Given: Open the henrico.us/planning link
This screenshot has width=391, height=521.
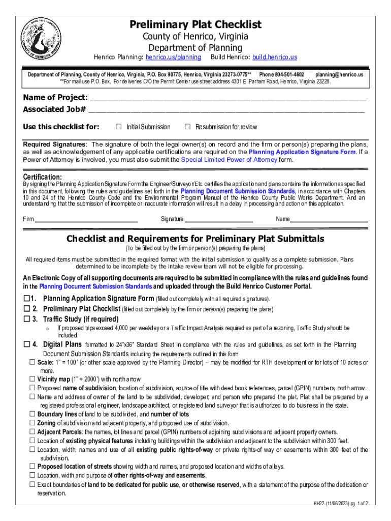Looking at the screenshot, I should [173, 57].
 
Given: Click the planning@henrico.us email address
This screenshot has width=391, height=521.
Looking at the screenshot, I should [339, 75].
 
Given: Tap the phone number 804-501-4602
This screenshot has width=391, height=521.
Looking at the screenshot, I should [286, 75].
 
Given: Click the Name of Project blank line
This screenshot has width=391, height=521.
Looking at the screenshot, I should [227, 98].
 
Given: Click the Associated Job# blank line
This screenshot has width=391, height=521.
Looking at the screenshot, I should [226, 110].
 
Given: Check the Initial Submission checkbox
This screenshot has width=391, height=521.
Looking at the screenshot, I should [119, 127].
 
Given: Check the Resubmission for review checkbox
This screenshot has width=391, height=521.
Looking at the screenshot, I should [187, 127].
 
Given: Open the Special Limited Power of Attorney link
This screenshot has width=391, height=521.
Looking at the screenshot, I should [229, 160].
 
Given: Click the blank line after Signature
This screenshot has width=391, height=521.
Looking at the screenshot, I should [219, 220].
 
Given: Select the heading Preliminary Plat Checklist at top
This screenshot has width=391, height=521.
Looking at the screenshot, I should [195, 24].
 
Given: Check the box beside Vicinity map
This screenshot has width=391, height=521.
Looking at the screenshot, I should [32, 379].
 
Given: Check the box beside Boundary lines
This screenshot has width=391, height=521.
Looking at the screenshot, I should [32, 414].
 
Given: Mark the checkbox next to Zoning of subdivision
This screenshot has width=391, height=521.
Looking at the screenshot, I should [32, 423].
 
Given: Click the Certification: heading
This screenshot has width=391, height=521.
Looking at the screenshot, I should [43, 177].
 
